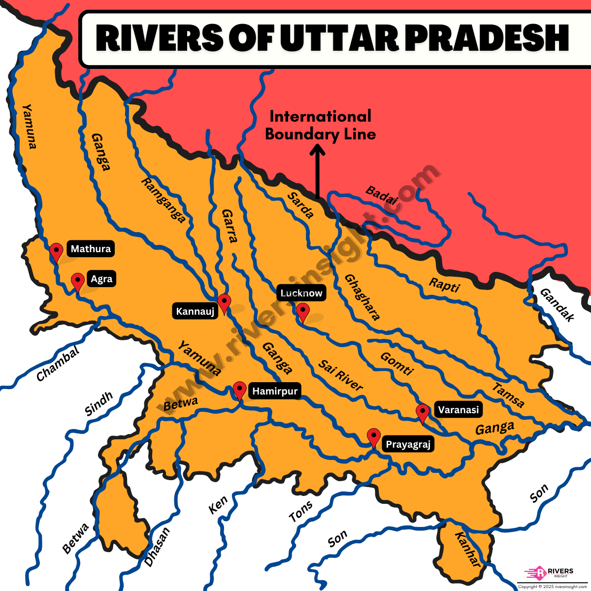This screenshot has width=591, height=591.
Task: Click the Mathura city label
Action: click(x=91, y=249)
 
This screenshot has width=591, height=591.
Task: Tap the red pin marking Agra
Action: click(x=77, y=282)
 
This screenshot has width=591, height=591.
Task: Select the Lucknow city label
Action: click(x=301, y=293)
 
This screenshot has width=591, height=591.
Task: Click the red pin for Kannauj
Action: click(x=224, y=303)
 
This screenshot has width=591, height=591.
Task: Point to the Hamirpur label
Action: click(x=275, y=391)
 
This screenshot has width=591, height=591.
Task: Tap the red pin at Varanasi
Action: click(x=422, y=413)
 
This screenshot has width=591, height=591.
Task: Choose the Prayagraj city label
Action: click(x=408, y=444)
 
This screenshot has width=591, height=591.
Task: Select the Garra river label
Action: click(x=230, y=226)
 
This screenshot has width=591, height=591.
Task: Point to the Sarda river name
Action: click(x=300, y=205)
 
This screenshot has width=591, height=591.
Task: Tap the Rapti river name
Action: click(x=444, y=285)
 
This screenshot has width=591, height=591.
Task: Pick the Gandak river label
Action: click(x=557, y=305)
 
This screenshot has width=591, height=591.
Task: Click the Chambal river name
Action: click(x=58, y=364)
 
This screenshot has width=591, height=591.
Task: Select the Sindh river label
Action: click(x=99, y=404)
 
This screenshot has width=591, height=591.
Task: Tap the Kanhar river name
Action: click(x=467, y=550)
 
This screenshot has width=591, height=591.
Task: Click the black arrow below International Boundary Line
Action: click(x=318, y=172)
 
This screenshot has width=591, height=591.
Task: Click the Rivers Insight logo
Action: click(x=550, y=573)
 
